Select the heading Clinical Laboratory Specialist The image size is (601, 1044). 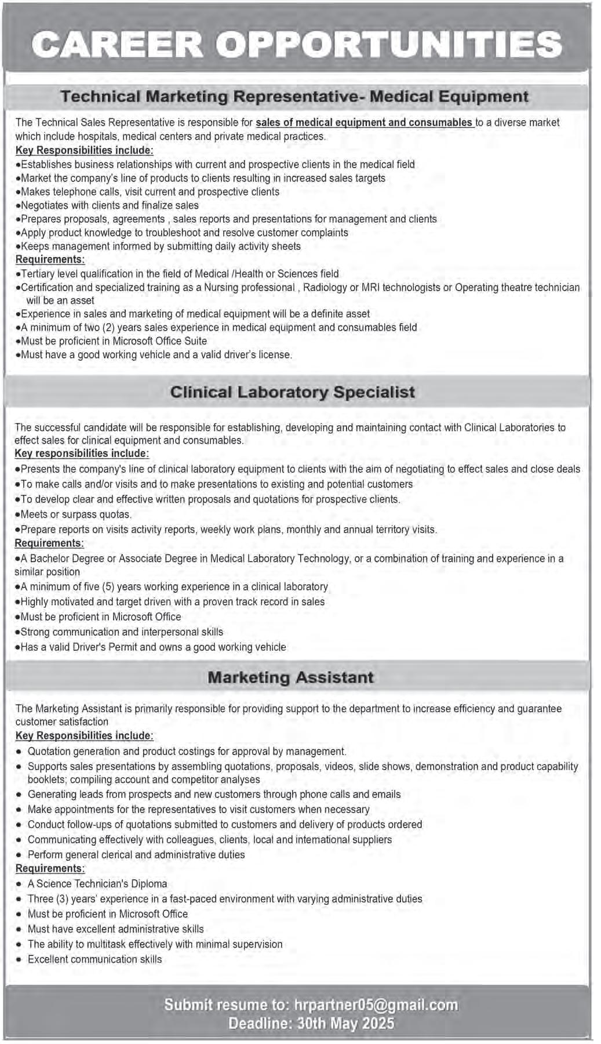pyautogui.click(x=293, y=392)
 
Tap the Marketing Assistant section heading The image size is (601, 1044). pyautogui.click(x=290, y=677)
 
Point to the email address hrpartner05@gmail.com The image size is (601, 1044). pyautogui.click(x=376, y=1005)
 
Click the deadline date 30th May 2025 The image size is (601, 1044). pyautogui.click(x=345, y=1024)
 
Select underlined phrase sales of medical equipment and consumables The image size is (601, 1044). pyautogui.click(x=364, y=122)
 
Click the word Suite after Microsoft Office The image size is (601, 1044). pyautogui.click(x=195, y=341)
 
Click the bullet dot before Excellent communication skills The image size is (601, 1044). pyautogui.click(x=20, y=959)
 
